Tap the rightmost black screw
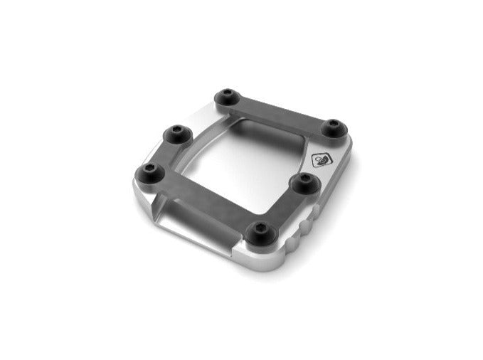(331, 126)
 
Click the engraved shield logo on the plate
(320, 160)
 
